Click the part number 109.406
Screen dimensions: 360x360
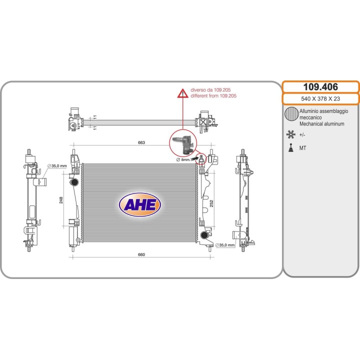[x=320, y=87]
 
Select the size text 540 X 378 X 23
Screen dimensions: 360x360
[x=320, y=98]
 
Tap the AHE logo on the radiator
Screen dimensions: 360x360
[x=140, y=205]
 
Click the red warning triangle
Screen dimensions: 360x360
[x=183, y=93]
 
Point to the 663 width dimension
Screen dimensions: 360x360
[x=141, y=142]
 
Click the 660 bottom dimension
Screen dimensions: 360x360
[x=141, y=254]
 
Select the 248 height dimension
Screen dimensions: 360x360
[x=61, y=200]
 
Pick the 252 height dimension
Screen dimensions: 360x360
[x=211, y=203]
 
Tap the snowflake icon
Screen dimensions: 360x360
[x=291, y=134]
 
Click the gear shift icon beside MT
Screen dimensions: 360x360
[x=291, y=147]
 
